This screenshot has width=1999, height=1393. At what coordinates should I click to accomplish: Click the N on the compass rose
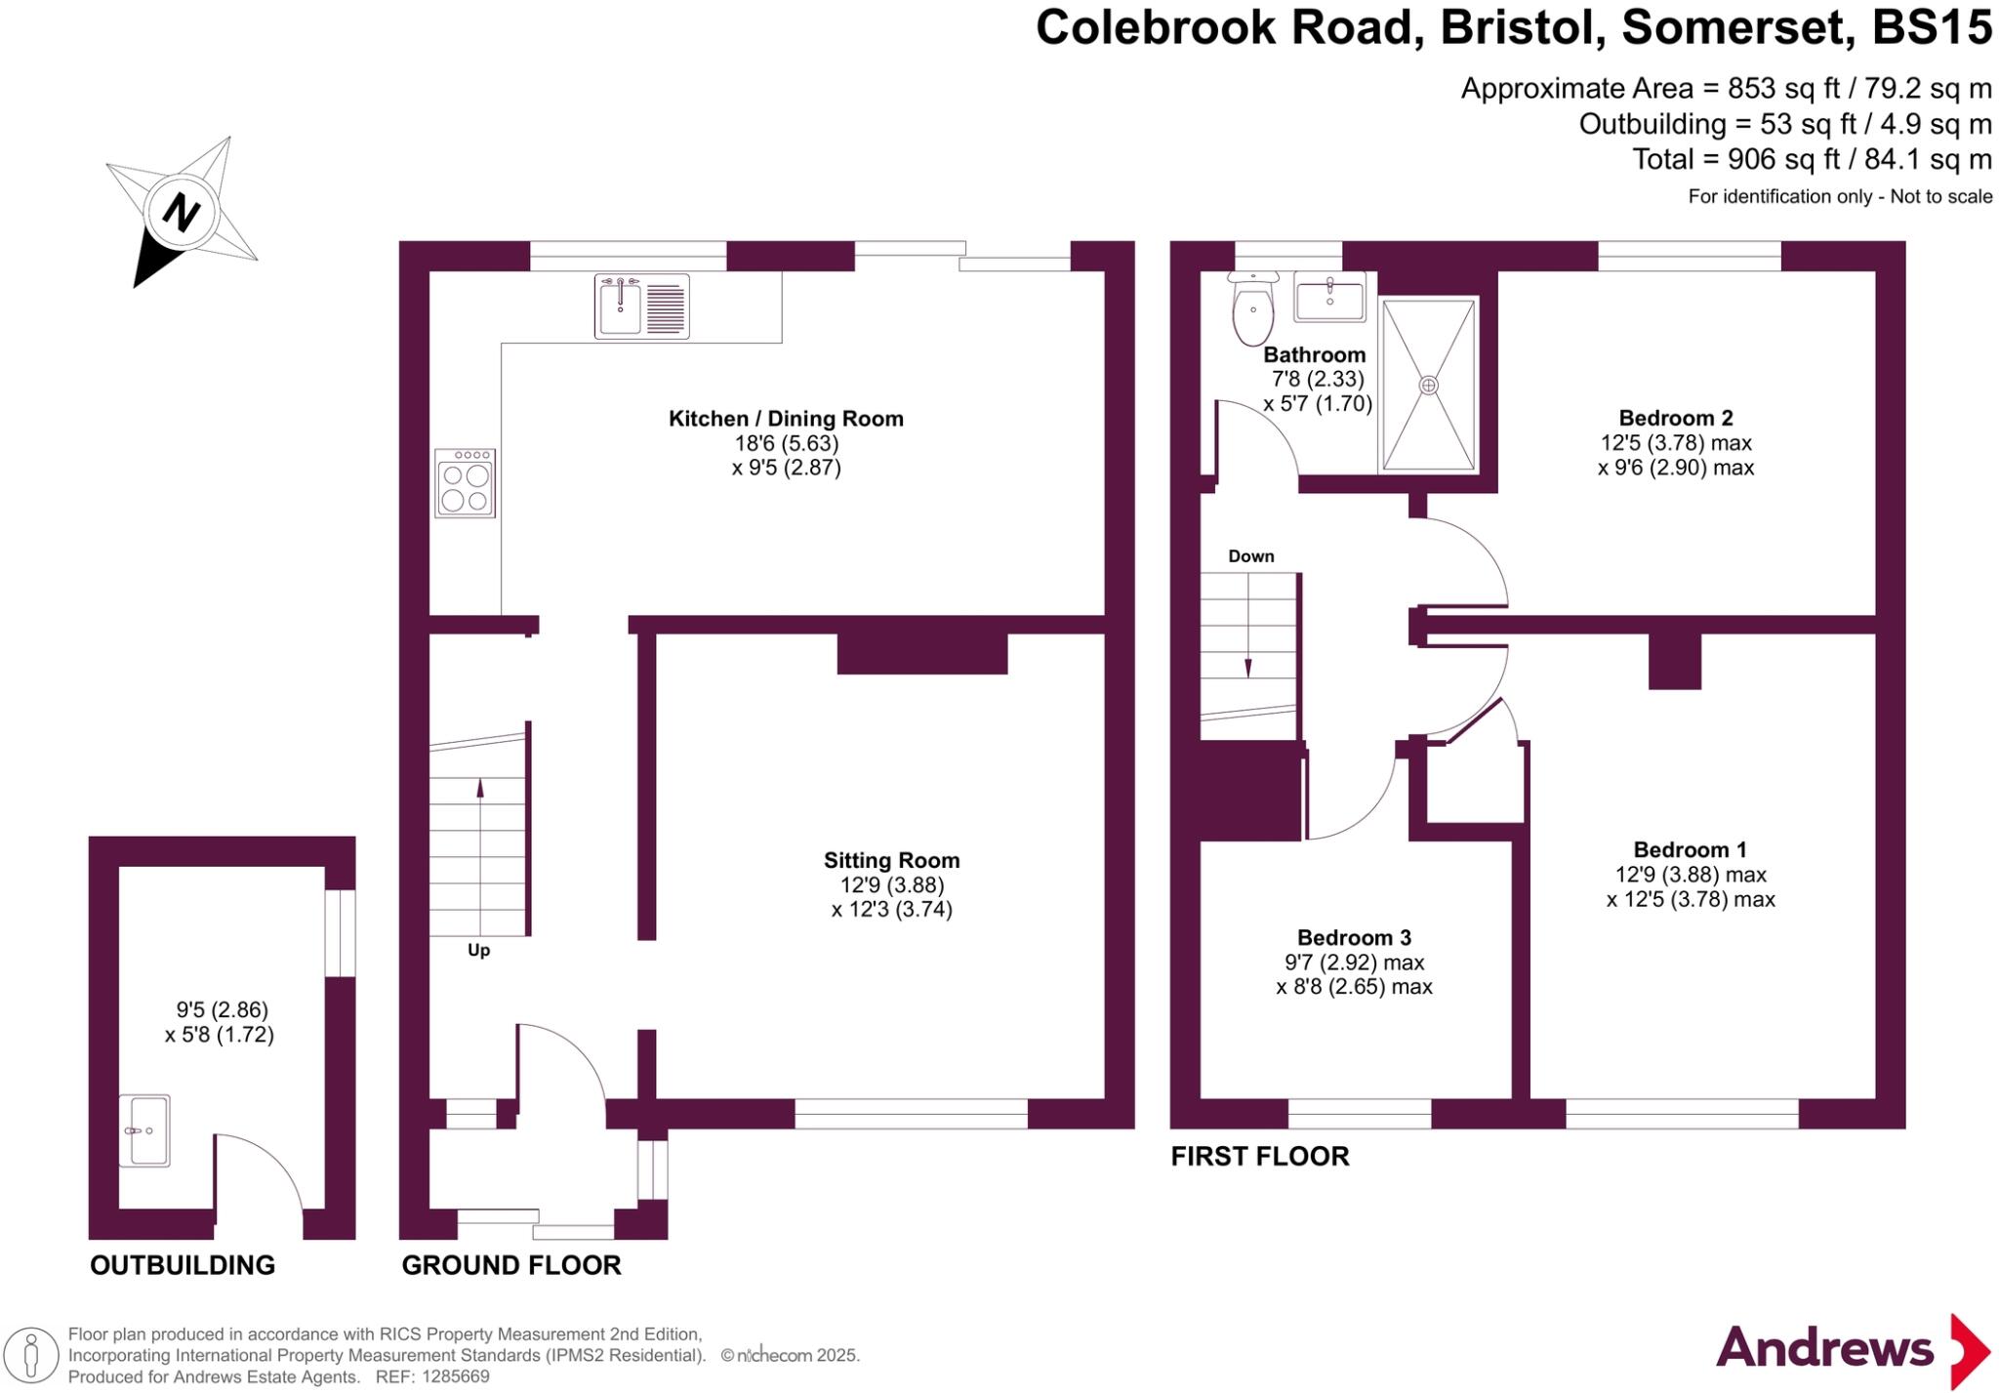point(181,212)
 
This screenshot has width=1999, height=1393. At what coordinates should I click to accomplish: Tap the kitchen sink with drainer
point(641,307)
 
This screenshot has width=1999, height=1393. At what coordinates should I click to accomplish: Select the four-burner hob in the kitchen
point(466,483)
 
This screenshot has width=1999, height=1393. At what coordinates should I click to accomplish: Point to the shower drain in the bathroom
point(1428,386)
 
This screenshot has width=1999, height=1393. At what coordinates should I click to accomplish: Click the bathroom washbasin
point(1329,296)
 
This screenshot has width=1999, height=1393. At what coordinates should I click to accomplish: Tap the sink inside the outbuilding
point(144,1130)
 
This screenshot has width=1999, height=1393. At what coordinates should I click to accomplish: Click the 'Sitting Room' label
point(891,860)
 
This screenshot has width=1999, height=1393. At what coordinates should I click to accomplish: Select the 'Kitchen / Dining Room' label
point(786,419)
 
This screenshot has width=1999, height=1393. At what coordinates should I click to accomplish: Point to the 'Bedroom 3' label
point(1354,938)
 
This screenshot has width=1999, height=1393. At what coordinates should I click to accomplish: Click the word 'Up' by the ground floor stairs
point(478,950)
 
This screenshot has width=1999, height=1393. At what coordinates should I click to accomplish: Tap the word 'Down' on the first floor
point(1250,556)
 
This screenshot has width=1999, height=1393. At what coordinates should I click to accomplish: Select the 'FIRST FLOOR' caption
point(1259,1157)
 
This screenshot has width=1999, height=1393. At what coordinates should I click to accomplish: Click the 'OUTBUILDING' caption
point(183,1265)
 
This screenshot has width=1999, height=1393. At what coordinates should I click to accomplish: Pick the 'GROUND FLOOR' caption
point(511,1265)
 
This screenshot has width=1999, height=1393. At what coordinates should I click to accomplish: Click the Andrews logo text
point(1823,1348)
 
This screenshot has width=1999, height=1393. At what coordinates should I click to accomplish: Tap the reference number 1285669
point(455,1376)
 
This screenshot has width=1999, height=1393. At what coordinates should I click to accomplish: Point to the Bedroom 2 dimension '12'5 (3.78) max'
point(1676,443)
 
